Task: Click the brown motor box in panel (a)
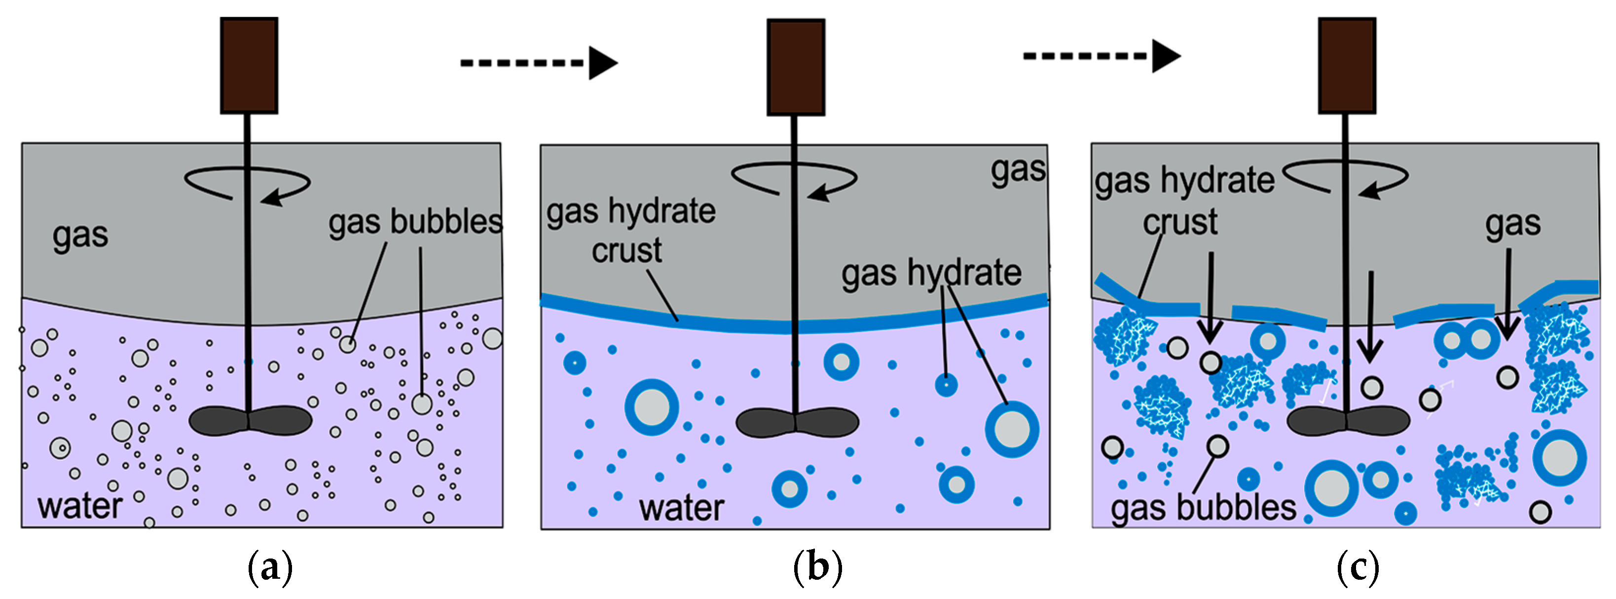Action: point(249,65)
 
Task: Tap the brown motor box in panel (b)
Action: point(796,67)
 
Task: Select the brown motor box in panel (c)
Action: point(1347,65)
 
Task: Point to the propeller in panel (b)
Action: point(797,423)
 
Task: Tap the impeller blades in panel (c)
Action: point(1348,421)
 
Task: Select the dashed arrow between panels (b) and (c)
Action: point(1101,56)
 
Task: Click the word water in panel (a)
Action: point(80,506)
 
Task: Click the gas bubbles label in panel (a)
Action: point(415,222)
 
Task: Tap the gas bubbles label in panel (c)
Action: point(1203,507)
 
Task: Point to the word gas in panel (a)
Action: point(80,236)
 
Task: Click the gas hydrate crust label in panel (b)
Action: point(630,231)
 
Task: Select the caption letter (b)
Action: point(817,567)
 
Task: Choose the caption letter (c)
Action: point(1358,567)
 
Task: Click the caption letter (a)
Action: point(270,567)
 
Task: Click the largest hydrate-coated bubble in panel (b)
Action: point(652,407)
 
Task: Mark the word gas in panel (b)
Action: point(1018,169)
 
